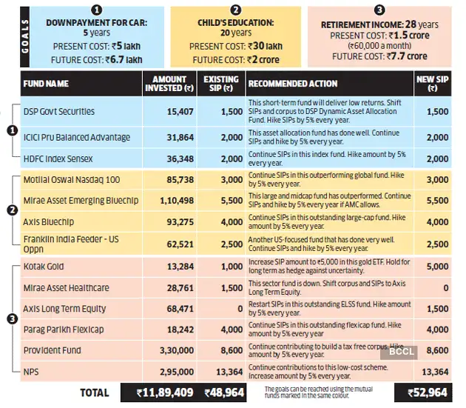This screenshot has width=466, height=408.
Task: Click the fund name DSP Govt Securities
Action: point(59,111)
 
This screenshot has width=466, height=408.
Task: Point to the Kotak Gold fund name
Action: point(44,267)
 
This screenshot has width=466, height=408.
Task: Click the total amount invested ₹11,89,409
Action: point(155,392)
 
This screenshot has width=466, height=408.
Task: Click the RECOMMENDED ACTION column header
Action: point(293,83)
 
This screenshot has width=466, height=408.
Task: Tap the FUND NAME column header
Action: point(49,83)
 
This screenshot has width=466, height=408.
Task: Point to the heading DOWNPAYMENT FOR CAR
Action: point(97,23)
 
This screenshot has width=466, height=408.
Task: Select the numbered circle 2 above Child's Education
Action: point(236,10)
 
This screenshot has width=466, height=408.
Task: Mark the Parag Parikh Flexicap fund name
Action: point(63,329)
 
